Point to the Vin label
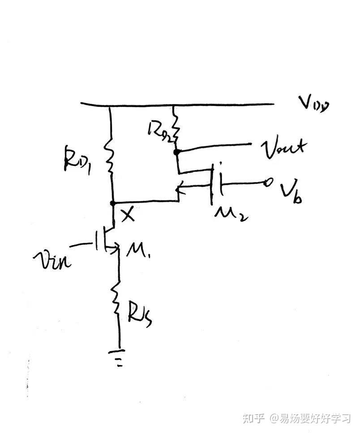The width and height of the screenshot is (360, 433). point(51,259)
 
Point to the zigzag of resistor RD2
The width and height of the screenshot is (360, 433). point(176,127)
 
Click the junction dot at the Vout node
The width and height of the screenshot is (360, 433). point(177,152)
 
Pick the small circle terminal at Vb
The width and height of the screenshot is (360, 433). point(270,183)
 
